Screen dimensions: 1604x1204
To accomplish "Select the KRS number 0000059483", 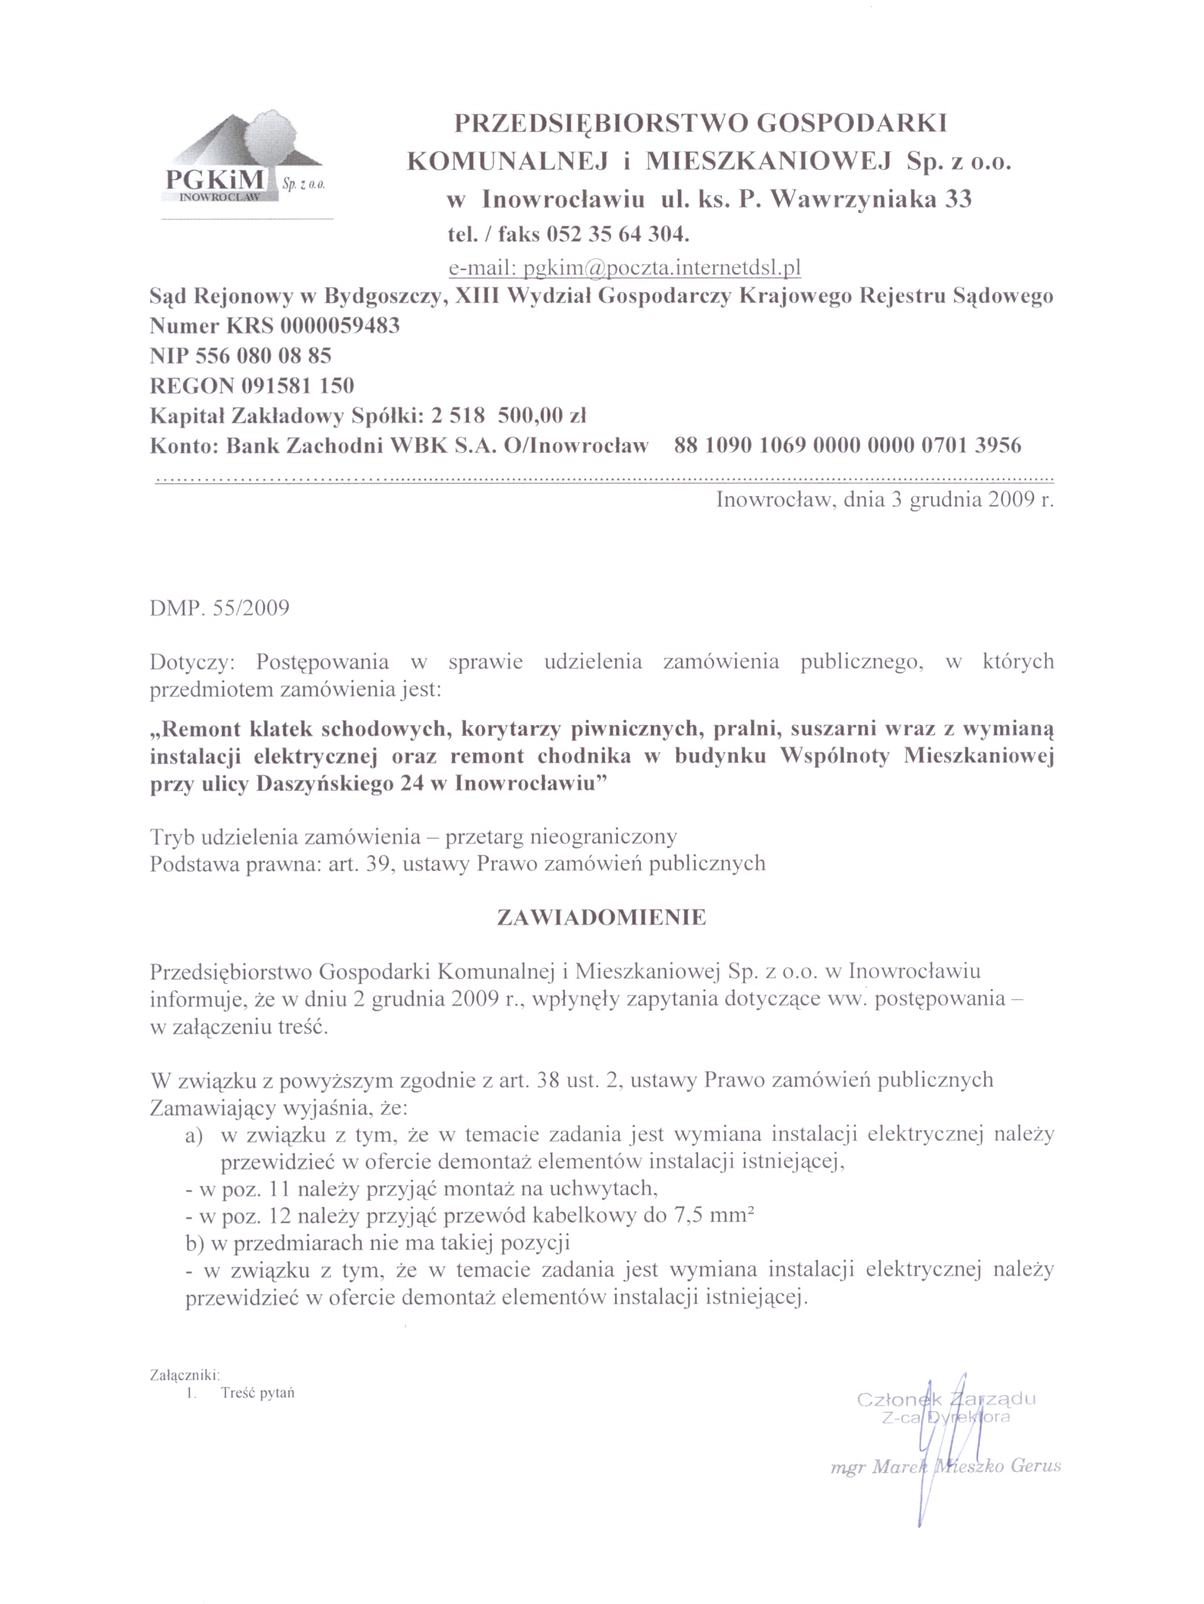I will pyautogui.click(x=339, y=326).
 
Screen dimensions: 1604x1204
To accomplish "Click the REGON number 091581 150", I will pyautogui.click(x=297, y=385).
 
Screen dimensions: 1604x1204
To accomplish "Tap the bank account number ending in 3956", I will pyautogui.click(x=847, y=444).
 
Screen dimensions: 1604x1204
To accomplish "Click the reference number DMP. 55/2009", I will pyautogui.click(x=219, y=607).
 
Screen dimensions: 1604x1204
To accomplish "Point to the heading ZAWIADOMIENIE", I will pyautogui.click(x=601, y=917).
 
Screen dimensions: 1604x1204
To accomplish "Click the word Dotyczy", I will pyautogui.click(x=192, y=662).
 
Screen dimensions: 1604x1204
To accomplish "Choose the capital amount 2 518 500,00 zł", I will pyautogui.click(x=508, y=415).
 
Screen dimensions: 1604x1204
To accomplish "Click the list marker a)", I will pyautogui.click(x=194, y=1135).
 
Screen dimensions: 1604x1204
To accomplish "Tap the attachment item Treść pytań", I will pyautogui.click(x=258, y=1393).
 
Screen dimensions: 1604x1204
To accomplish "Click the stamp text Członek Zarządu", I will pyautogui.click(x=946, y=1399).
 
